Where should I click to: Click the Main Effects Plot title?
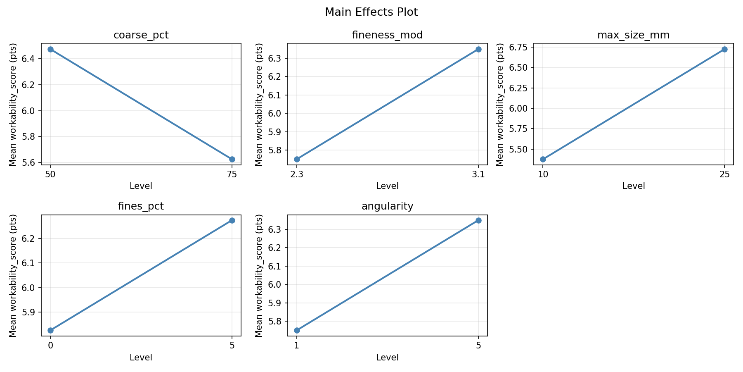[x=371, y=12]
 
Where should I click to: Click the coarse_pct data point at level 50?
[x=50, y=49]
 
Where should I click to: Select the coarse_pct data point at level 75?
[x=232, y=159]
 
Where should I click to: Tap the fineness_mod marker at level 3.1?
[x=478, y=49]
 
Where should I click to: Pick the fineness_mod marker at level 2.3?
[x=297, y=159]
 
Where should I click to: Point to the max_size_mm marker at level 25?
[x=724, y=49]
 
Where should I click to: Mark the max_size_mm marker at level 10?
[x=543, y=159]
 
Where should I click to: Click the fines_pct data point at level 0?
[x=50, y=330]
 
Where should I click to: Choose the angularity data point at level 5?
[x=478, y=220]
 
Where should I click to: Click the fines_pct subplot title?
[x=141, y=206]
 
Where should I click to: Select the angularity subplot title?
[x=387, y=206]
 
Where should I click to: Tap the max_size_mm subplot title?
[x=633, y=35]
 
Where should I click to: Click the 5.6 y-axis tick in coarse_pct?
[x=31, y=162]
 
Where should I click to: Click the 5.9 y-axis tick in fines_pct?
[x=31, y=312]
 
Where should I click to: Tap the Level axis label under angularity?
[x=387, y=358]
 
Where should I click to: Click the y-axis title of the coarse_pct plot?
[x=13, y=104]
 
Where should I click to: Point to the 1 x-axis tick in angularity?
[x=297, y=345]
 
